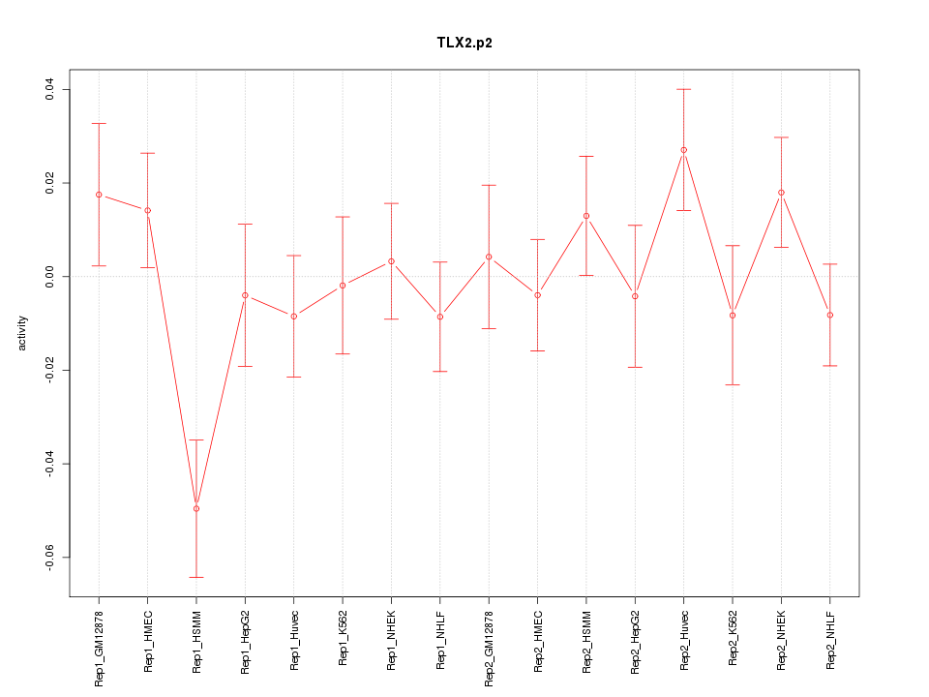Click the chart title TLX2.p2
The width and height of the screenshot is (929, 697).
(464, 44)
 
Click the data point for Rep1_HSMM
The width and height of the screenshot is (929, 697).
(196, 508)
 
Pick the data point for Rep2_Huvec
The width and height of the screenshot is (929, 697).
(683, 150)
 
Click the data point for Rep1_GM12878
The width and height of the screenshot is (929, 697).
(99, 195)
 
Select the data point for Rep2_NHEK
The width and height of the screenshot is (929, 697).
(781, 193)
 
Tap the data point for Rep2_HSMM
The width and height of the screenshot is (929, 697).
(586, 216)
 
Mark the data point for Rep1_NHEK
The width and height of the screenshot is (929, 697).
(391, 261)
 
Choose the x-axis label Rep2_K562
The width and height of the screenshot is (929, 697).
(733, 637)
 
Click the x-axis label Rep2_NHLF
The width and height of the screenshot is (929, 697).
(830, 638)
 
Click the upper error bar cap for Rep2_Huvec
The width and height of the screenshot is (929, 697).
(683, 89)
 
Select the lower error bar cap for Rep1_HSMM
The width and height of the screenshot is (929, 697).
(196, 577)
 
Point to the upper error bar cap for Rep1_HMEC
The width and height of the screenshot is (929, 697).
(147, 153)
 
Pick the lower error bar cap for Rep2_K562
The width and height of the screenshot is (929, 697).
(733, 384)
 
